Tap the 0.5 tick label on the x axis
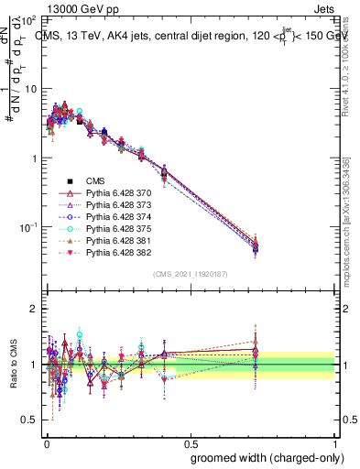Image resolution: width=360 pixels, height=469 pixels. (x=190, y=441)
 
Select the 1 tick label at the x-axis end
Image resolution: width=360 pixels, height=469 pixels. (x=335, y=441)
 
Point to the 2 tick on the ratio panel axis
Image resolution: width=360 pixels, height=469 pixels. (x=33, y=309)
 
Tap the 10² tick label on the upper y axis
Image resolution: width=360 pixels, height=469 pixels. (x=28, y=19)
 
